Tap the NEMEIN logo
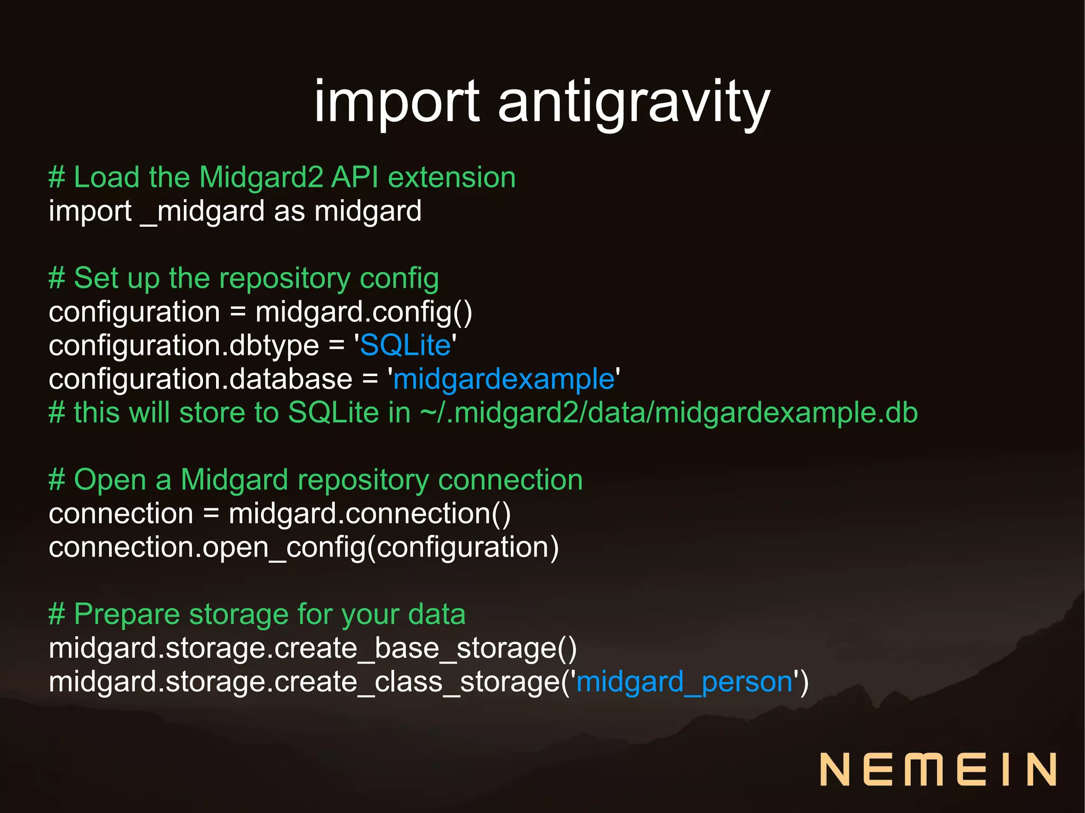(938, 770)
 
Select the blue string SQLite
(405, 345)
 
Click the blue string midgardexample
(503, 379)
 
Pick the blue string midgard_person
(684, 681)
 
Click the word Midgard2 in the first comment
(261, 177)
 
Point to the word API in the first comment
(354, 177)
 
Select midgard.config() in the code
(363, 311)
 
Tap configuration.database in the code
(200, 379)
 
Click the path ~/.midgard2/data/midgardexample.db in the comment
(669, 413)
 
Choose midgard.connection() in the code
(369, 513)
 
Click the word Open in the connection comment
(110, 480)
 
